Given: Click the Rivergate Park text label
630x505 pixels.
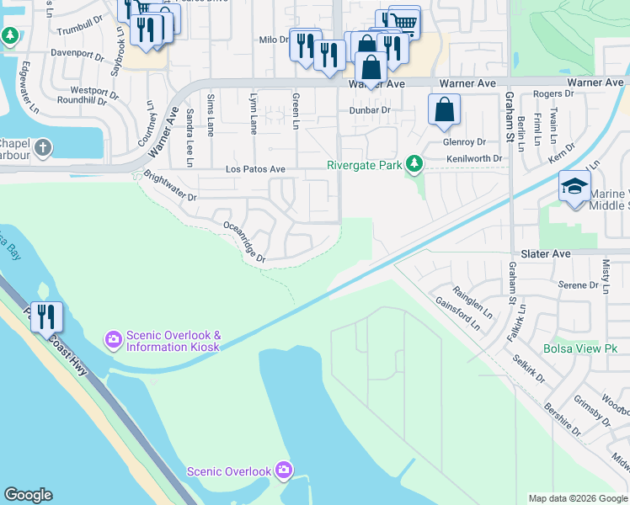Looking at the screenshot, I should [x=364, y=165].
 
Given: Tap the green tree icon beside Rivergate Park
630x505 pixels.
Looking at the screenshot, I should [x=413, y=164].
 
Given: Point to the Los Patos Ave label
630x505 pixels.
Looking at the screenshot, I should [x=255, y=169].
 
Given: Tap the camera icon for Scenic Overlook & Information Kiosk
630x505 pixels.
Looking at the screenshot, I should [x=113, y=339].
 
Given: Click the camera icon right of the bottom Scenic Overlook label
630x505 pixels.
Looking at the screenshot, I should [x=284, y=469].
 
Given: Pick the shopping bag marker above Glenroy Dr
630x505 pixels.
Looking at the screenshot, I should [x=444, y=111].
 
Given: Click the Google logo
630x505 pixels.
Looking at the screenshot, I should [x=28, y=495].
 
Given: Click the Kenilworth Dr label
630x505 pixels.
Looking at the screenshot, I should [x=474, y=158].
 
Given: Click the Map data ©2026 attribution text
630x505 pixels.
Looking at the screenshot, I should [x=577, y=498].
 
